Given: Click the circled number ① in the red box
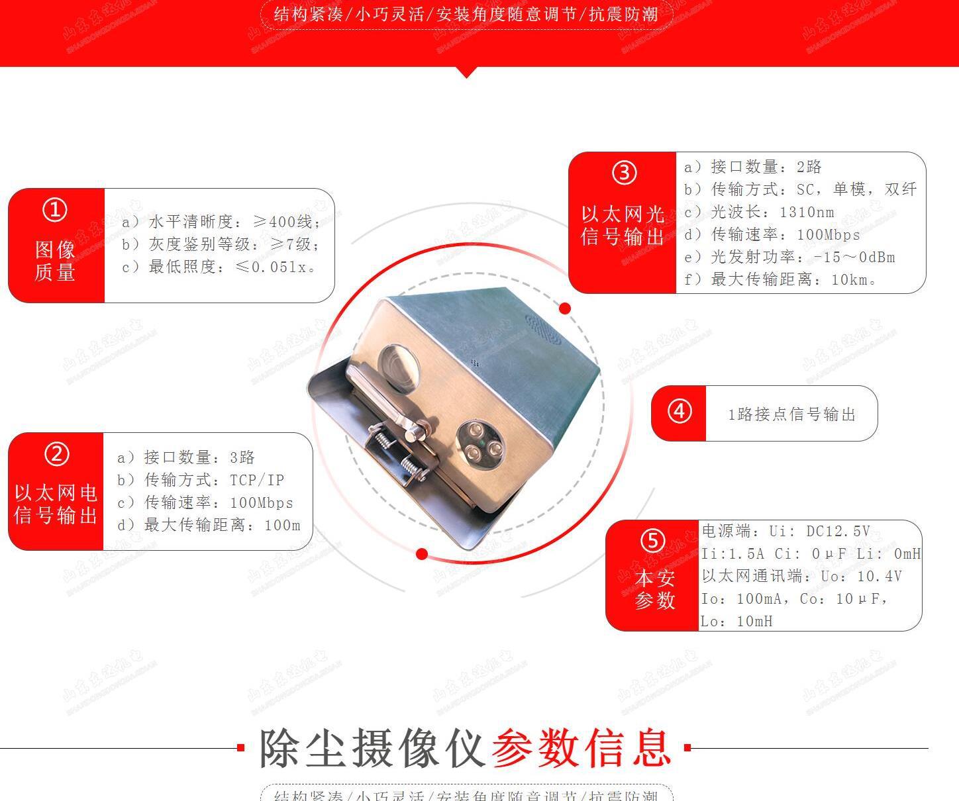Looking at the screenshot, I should coord(55,211).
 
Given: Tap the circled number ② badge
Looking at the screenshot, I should coord(56,455).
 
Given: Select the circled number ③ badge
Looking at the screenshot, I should coord(623,173).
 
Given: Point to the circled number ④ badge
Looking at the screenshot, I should coord(679,412).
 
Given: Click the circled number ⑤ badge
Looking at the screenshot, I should coord(652,541).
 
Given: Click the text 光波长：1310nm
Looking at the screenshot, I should coord(759,212).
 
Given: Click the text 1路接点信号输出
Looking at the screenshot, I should coord(792,415).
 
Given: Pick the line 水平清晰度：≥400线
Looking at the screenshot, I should coord(221,222).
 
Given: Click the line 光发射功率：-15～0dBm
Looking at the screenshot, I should coord(789,258).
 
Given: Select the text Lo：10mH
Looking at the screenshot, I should coord(737,622).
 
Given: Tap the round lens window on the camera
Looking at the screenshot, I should coord(398,366).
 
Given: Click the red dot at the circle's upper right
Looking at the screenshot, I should coord(565,308).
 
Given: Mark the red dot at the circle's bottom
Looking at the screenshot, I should coord(422,554).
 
